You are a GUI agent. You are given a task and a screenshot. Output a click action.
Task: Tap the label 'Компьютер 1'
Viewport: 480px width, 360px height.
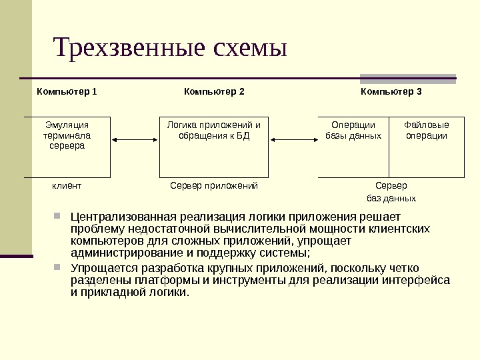click(67, 91)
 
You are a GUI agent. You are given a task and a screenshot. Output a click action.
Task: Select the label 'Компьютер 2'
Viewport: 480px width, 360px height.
click(214, 91)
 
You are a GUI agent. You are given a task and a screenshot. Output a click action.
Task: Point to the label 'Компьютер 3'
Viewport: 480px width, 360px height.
click(391, 91)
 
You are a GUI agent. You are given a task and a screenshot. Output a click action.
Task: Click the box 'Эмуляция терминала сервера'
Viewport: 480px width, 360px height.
click(67, 148)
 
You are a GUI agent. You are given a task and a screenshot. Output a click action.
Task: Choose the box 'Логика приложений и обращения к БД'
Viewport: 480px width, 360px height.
click(213, 148)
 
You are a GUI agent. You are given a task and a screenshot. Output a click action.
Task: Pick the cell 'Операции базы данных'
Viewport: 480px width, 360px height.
click(353, 148)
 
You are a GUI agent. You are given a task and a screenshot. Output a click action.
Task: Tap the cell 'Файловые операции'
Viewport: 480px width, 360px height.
click(427, 148)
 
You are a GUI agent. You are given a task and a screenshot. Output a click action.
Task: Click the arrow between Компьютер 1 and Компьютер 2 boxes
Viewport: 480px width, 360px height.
click(135, 139)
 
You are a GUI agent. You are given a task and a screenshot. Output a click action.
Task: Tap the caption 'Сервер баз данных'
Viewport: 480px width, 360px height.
click(391, 192)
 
